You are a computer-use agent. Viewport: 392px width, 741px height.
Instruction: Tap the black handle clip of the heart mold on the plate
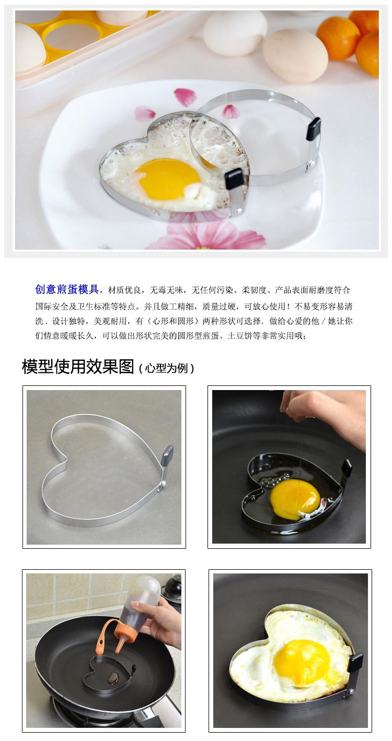(234, 178)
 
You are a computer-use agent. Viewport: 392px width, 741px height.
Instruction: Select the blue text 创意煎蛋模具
(67, 289)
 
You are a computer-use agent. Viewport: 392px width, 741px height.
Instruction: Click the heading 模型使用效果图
(78, 367)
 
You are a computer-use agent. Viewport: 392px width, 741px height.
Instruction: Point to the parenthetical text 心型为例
(166, 368)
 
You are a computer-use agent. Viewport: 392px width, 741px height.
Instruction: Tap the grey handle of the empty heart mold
(167, 455)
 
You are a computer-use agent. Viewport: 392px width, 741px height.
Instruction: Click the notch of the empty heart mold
(65, 459)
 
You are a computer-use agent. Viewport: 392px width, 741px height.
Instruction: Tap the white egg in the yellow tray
(29, 47)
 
